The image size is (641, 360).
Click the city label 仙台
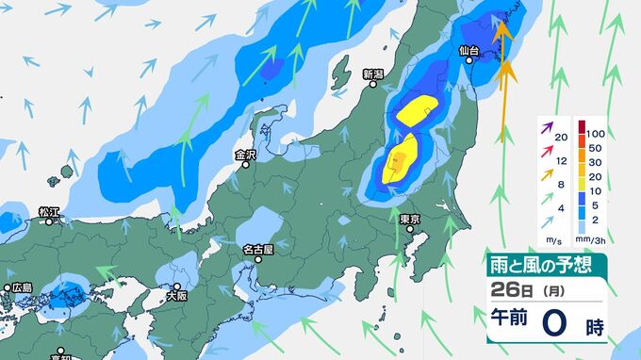point(469,50)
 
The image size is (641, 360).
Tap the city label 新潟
point(373,73)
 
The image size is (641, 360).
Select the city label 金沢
point(245,155)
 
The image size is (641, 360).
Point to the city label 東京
point(409,220)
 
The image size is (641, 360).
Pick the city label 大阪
point(177,294)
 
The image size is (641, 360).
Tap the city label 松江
point(49,211)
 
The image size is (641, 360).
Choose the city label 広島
point(21,287)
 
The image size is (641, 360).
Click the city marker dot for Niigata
point(375,85)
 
